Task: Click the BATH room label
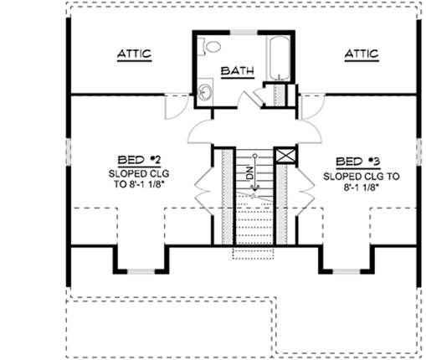coord(236,71)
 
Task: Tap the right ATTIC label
coord(361,54)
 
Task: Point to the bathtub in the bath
coord(278,56)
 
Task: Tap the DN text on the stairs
coord(249,174)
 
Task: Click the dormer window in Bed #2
coord(134,270)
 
